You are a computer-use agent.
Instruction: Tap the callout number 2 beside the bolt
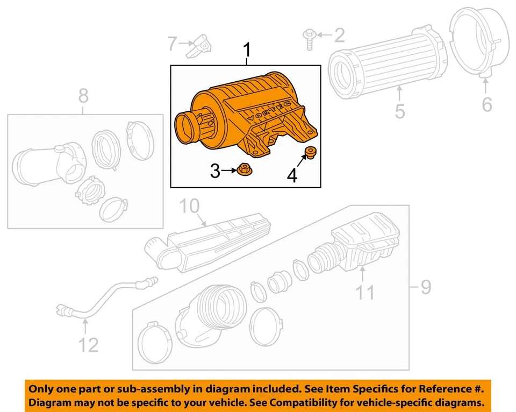tap(339, 36)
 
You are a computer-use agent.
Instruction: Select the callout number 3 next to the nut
tap(215, 172)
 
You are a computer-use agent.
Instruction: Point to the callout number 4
tap(292, 175)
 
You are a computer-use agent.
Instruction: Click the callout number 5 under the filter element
tap(400, 111)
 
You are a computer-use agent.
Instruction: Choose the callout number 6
tap(486, 104)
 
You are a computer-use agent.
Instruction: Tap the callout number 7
tap(171, 43)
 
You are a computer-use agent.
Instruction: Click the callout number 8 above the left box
tap(83, 96)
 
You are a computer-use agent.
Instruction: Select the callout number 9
tap(425, 287)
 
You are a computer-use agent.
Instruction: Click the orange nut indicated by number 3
tap(243, 171)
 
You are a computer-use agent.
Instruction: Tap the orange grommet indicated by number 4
tap(310, 152)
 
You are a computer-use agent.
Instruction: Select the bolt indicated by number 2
tap(310, 39)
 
